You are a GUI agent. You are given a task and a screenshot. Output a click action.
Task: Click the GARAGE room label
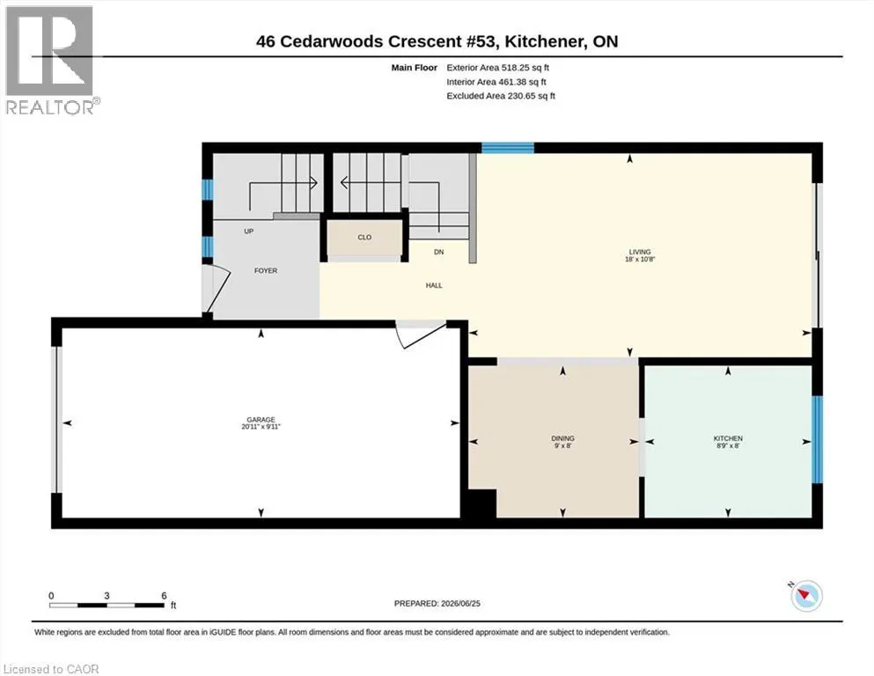point(261,420)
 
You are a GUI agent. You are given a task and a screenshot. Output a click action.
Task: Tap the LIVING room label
point(640,252)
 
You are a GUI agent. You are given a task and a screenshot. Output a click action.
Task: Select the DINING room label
point(562,438)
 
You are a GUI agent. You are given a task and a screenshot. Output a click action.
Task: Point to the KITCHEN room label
point(728,438)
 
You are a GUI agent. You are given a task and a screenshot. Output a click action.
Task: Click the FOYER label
point(265,271)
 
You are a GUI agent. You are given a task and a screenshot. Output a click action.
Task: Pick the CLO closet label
point(364,238)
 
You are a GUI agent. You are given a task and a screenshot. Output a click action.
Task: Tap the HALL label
point(434,285)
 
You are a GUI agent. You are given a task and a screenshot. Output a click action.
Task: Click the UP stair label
point(248,231)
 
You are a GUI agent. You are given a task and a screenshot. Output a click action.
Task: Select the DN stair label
point(438,252)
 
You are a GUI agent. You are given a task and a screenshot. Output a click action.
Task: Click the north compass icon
point(805,595)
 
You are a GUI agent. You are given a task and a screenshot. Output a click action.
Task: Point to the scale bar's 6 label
point(164,596)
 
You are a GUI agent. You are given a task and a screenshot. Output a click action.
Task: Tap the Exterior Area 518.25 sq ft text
point(498,68)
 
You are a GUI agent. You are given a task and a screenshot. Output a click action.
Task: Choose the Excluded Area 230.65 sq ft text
point(501,96)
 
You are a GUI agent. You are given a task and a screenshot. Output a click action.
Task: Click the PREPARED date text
point(437,604)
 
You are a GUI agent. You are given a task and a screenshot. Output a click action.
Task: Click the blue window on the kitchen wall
point(817,439)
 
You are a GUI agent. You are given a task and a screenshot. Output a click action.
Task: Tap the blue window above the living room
point(508,148)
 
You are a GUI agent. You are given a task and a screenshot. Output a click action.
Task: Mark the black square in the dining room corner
point(482,504)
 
